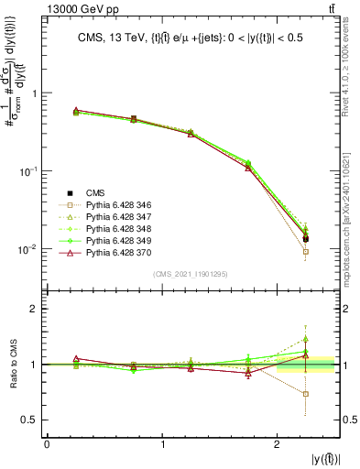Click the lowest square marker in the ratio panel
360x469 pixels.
306,394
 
